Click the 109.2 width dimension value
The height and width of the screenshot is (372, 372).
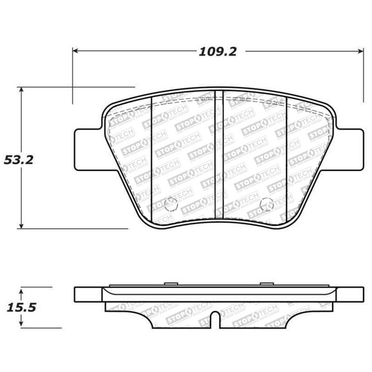coord(218,52)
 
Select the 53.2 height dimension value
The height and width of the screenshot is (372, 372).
coord(19,160)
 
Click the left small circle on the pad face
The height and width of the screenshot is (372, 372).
coord(171,204)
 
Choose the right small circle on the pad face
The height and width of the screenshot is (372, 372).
coord(266,204)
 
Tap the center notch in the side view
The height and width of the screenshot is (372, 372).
coord(215,321)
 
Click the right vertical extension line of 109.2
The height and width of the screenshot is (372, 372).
coord(363,79)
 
